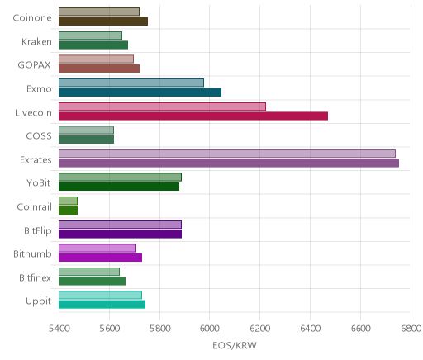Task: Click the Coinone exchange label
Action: (x=32, y=18)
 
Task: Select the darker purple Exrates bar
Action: (x=229, y=163)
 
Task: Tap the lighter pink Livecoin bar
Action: (x=162, y=107)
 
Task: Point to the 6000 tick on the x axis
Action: (x=209, y=329)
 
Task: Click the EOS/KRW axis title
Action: (x=235, y=345)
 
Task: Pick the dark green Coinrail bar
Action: (x=68, y=211)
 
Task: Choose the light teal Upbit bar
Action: (x=100, y=295)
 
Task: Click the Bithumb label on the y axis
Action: (x=32, y=253)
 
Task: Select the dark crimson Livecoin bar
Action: (x=193, y=116)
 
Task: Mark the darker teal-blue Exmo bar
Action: (x=140, y=92)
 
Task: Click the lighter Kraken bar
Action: (x=90, y=36)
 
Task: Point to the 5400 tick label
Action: (x=59, y=329)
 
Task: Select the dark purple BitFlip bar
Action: (x=120, y=234)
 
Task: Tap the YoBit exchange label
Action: (x=39, y=183)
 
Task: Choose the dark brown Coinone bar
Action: (x=103, y=21)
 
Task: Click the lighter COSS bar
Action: (x=86, y=130)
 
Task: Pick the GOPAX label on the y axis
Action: (x=34, y=65)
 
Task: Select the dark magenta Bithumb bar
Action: (x=100, y=258)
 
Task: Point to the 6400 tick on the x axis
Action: (x=311, y=329)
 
